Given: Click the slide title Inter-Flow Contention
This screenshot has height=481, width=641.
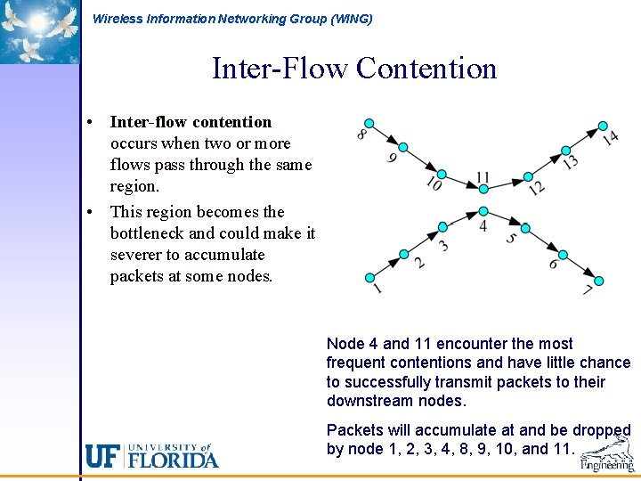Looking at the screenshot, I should [x=353, y=69].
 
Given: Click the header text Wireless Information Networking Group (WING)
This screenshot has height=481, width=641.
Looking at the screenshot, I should [x=232, y=19].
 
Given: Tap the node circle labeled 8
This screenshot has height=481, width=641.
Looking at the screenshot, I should [x=369, y=124].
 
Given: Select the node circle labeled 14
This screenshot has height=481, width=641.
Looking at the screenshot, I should [x=603, y=126].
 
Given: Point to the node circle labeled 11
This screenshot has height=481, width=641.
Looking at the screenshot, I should [x=483, y=190].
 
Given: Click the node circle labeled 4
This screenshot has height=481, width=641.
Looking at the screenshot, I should [x=483, y=211].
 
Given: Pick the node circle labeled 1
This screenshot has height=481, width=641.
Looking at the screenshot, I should [x=369, y=277].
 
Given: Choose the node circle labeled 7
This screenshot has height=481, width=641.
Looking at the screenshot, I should [x=598, y=281].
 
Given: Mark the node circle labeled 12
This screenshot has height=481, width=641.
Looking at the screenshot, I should [x=528, y=176].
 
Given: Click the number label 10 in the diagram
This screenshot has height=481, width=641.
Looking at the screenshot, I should [x=434, y=183].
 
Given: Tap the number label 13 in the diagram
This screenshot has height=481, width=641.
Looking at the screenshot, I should [x=571, y=161].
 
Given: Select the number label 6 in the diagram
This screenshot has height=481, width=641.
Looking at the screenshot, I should [x=555, y=265].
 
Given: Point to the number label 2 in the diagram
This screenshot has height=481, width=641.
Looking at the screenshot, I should [x=419, y=263].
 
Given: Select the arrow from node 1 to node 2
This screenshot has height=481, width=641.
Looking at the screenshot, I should [x=387, y=265].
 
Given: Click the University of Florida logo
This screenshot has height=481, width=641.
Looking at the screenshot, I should [x=151, y=455].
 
